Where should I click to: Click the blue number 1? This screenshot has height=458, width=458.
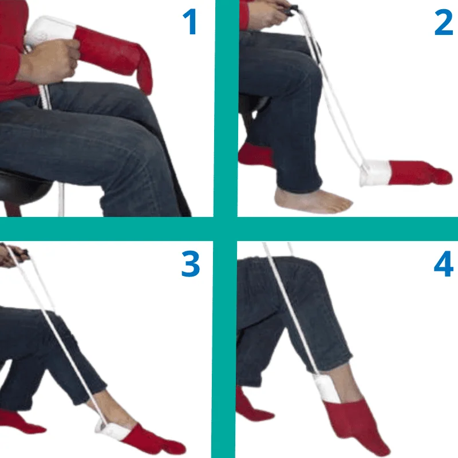coord(189,22)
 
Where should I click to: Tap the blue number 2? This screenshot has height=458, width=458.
coord(444,22)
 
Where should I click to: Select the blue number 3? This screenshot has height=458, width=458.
coord(191,264)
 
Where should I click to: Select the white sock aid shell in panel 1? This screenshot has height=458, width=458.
coord(50,32)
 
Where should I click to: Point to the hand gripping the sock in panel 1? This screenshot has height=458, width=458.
coord(50,60)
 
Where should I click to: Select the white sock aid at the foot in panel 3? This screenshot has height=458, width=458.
coord(112,429)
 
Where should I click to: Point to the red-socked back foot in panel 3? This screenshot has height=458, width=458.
coord(21,421)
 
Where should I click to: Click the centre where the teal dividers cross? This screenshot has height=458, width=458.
coord(225,229)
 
